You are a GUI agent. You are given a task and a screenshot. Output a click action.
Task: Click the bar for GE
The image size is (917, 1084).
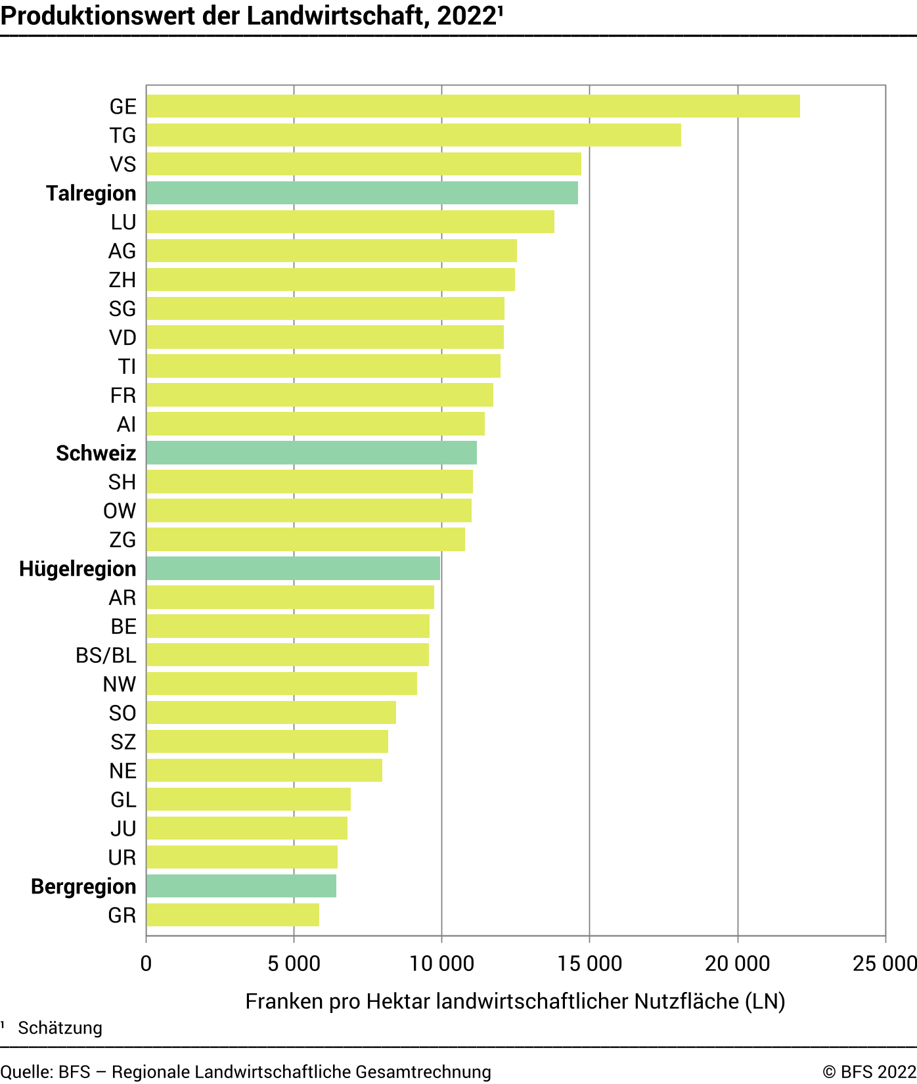[473, 106]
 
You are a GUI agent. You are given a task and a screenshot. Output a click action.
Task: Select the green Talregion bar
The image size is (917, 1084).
[362, 193]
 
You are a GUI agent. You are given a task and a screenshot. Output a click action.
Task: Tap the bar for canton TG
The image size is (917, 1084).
[414, 135]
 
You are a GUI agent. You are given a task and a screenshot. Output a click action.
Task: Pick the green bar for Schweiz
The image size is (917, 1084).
[311, 453]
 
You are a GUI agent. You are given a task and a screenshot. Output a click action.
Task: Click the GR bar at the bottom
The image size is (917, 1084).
[233, 915]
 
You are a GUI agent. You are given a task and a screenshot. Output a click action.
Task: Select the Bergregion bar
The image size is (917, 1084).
[241, 886]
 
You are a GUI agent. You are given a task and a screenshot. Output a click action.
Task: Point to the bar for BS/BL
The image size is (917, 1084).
[288, 655]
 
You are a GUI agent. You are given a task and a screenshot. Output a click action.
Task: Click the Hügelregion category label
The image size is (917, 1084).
[78, 569]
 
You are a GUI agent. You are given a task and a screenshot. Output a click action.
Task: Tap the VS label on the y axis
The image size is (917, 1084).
[123, 164]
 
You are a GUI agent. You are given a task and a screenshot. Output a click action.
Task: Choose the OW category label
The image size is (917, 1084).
[120, 511]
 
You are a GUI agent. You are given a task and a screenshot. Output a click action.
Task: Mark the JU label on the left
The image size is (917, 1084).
[123, 828]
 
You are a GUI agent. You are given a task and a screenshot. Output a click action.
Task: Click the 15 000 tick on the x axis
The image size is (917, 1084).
[589, 964]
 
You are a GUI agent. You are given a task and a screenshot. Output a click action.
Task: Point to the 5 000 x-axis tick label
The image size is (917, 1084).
[294, 964]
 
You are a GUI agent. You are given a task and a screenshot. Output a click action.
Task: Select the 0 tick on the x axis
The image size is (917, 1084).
[146, 964]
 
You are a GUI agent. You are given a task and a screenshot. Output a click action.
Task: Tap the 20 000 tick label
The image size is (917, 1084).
[737, 964]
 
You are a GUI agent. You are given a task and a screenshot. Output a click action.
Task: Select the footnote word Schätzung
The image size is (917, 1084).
[60, 1028]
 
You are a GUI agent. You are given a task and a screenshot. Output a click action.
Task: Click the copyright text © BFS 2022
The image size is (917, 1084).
[868, 1072]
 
